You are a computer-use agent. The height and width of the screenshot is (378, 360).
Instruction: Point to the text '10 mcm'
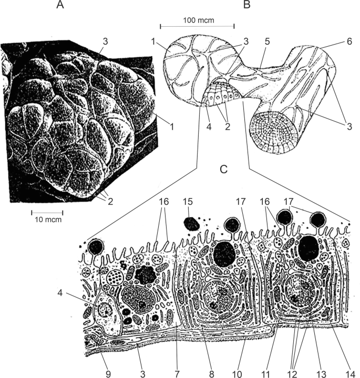tap(46, 219)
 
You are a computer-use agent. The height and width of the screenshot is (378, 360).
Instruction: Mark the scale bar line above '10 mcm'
tap(47, 212)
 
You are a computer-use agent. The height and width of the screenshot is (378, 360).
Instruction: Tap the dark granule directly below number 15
tap(191, 224)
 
